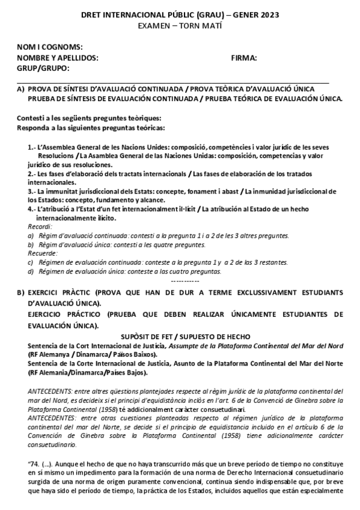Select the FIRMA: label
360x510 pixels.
(244, 58)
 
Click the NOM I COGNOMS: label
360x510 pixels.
(50, 48)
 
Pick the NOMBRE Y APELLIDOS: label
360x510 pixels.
(58, 58)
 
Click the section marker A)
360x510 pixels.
(20, 87)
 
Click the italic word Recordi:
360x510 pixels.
(40, 226)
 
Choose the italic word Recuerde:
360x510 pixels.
(42, 253)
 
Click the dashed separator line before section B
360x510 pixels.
(185, 281)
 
